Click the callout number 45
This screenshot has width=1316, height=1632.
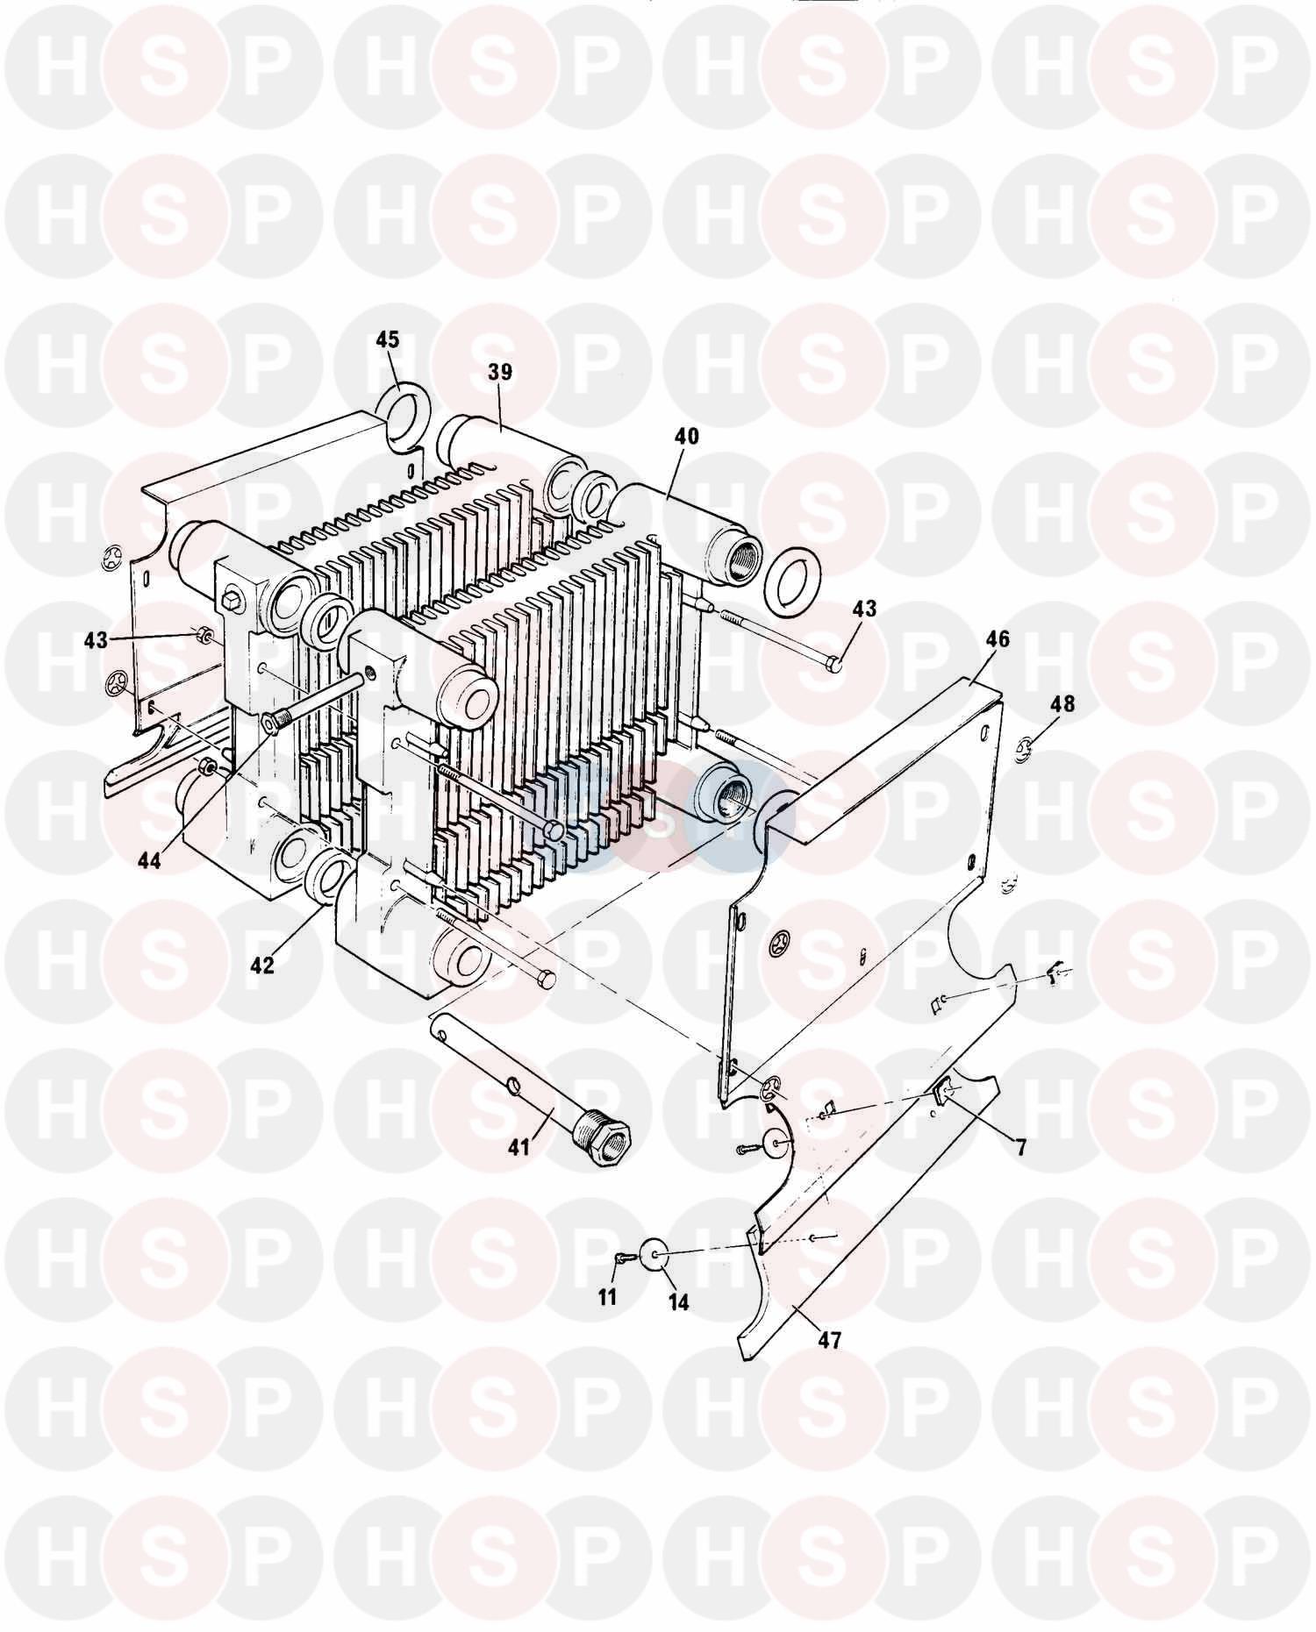388,339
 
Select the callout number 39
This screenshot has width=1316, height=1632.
500,372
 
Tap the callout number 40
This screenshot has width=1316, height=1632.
687,436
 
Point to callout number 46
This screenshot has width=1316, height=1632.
997,639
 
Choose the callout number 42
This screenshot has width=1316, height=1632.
261,966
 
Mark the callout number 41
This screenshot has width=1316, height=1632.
519,1146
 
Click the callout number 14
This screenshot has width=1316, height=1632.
678,1302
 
